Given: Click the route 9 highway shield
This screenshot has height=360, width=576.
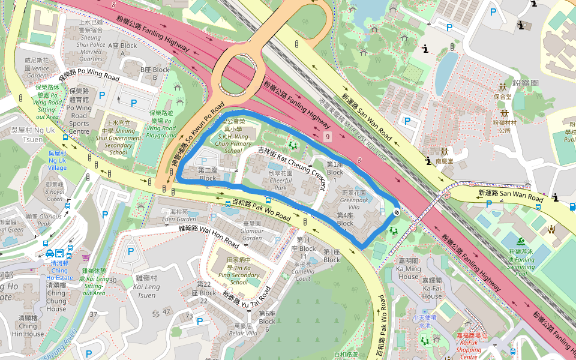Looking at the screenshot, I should click(x=327, y=137).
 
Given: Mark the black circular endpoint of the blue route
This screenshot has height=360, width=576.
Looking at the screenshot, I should click(x=397, y=212).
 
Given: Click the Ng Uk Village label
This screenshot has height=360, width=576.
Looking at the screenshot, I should click(x=58, y=161).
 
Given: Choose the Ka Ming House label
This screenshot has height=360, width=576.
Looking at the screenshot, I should click(x=408, y=272).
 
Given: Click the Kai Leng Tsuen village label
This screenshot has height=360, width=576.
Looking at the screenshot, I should click(x=146, y=287).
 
